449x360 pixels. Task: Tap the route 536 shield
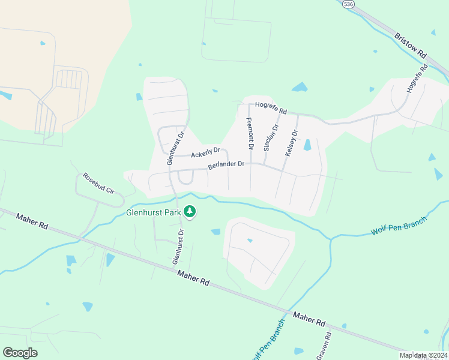pos(349,4)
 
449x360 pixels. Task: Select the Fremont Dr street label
pos(250,134)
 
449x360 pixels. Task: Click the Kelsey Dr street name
pos(291,143)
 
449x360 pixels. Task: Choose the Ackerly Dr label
pos(205,153)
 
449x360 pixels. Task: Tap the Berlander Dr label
pos(226,164)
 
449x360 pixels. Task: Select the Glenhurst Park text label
pos(153,212)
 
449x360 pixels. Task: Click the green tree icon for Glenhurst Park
pos(190,211)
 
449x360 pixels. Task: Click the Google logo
pos(20,353)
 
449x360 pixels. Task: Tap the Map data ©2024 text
pos(423,355)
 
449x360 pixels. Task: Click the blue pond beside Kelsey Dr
pos(307,145)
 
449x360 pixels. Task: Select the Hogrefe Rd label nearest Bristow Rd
pos(416,77)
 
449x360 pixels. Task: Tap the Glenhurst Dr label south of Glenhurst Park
pos(178,247)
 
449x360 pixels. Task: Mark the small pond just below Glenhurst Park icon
pos(215,232)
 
